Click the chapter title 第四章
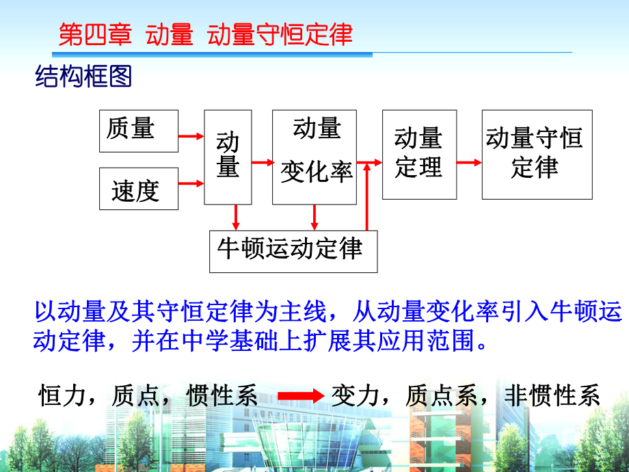pyautogui.click(x=95, y=35)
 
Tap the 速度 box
pyautogui.click(x=139, y=188)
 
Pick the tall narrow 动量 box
pyautogui.click(x=228, y=157)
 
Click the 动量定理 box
pyautogui.click(x=418, y=154)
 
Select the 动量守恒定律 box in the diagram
pyautogui.click(x=537, y=154)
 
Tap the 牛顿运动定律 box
pyautogui.click(x=293, y=251)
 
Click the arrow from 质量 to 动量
pyautogui.click(x=191, y=137)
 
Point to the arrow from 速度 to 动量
pyautogui.click(x=191, y=183)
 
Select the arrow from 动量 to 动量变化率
pyautogui.click(x=262, y=162)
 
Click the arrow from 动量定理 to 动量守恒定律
pyautogui.click(x=469, y=162)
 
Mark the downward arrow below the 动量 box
pyautogui.click(x=236, y=217)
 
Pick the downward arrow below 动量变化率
pyautogui.click(x=314, y=217)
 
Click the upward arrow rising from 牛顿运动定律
pyautogui.click(x=368, y=198)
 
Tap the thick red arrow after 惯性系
pyautogui.click(x=299, y=395)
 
